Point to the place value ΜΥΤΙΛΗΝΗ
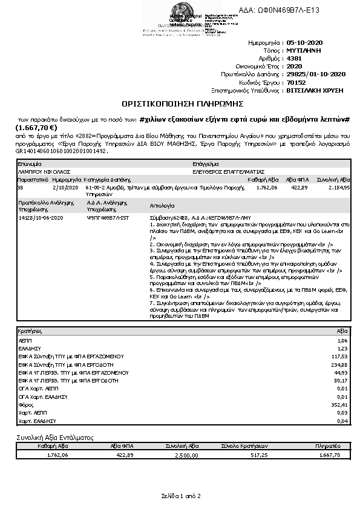click(305, 51)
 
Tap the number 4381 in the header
click(293, 59)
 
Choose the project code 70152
click(295, 82)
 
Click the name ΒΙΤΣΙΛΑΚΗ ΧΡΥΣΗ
click(315, 89)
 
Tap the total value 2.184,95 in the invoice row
click(339, 188)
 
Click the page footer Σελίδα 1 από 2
click(180, 496)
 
